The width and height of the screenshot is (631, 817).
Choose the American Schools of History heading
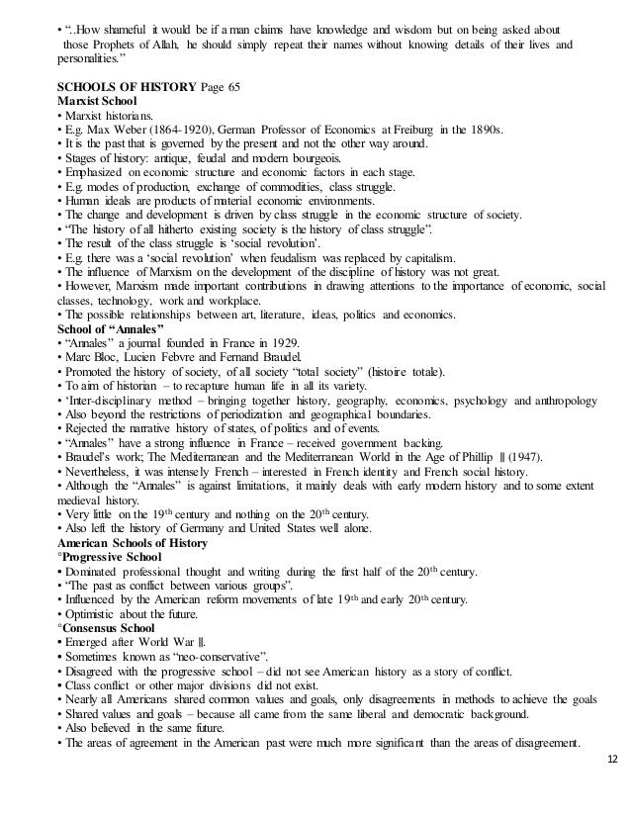pyautogui.click(x=133, y=543)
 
